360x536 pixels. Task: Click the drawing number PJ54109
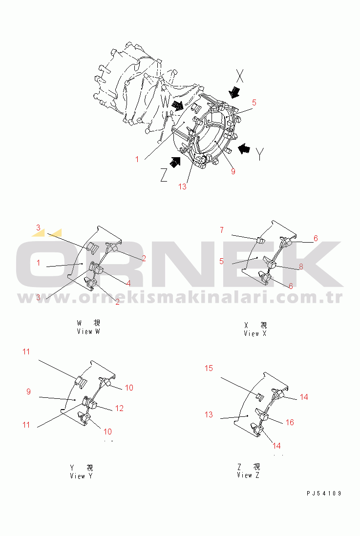[324, 493]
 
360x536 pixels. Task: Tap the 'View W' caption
[88, 331]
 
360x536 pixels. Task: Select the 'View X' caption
[255, 333]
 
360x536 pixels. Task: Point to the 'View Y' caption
[82, 476]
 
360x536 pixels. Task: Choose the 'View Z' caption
[248, 475]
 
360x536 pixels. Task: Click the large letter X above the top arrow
[240, 76]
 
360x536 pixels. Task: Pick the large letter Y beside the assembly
[260, 154]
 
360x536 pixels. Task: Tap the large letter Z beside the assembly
[164, 175]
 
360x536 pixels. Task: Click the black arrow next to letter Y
[244, 148]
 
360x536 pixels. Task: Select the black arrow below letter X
[234, 92]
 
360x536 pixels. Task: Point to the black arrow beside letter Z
[175, 162]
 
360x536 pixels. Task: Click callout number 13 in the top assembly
[182, 186]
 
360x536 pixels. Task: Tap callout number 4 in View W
[128, 284]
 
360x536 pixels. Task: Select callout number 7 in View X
[222, 230]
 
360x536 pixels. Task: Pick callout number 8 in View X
[301, 266]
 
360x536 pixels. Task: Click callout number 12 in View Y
[119, 408]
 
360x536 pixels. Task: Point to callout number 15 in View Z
[209, 368]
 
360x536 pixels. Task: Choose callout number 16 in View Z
[290, 423]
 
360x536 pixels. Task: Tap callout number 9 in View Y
[28, 392]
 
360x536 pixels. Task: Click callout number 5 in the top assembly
[254, 103]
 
